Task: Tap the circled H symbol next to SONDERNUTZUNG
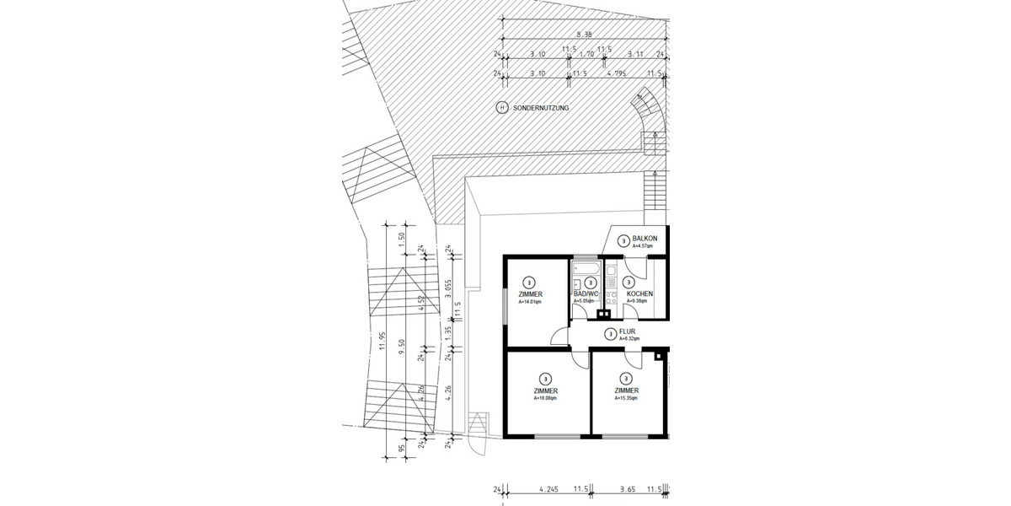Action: pyautogui.click(x=502, y=108)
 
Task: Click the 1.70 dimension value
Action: pyautogui.click(x=586, y=54)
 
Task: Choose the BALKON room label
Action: pyautogui.click(x=644, y=239)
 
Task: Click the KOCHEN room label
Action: pyautogui.click(x=639, y=293)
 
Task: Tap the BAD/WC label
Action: pyautogui.click(x=585, y=293)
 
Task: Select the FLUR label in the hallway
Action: pyautogui.click(x=627, y=331)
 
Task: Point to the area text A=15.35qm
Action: pyautogui.click(x=626, y=399)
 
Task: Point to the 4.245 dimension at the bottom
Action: pyautogui.click(x=548, y=488)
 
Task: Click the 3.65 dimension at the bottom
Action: pyautogui.click(x=627, y=488)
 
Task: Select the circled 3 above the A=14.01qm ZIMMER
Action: pyautogui.click(x=528, y=282)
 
